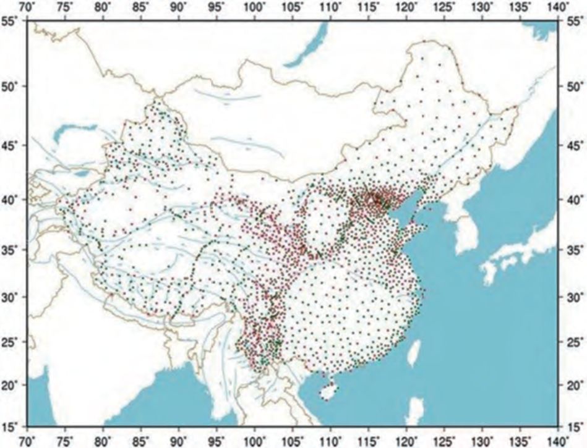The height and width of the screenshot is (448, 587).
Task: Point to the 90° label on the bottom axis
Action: click(x=179, y=441)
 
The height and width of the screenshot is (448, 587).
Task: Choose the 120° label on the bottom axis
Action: click(x=407, y=441)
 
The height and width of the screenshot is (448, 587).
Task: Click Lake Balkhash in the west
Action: click(x=74, y=130)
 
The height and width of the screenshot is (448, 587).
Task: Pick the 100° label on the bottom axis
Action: click(x=255, y=441)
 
